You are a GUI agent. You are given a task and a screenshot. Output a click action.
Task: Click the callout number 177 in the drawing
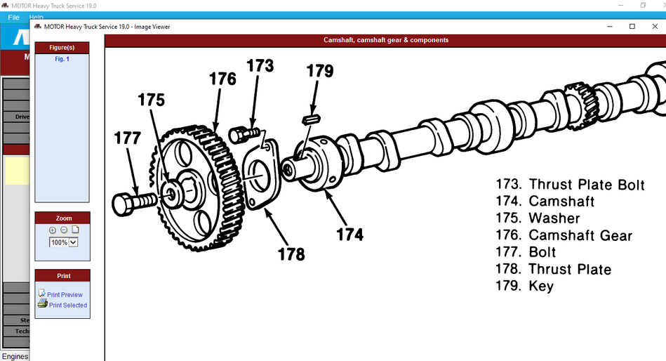point(127,138)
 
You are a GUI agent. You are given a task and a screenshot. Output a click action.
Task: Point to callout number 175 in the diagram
point(151,100)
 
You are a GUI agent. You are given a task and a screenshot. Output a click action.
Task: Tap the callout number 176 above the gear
point(222,79)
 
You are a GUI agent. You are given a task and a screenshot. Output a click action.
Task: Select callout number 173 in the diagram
point(260,67)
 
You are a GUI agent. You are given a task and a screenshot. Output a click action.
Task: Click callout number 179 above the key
point(319,71)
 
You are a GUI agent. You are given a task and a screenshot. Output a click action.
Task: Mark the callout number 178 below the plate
point(291,254)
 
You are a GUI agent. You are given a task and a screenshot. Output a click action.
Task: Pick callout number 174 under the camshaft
point(349,234)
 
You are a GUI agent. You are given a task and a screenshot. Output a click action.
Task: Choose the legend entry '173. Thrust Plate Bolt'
point(570,185)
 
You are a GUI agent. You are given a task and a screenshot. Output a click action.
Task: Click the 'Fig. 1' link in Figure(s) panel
point(62,59)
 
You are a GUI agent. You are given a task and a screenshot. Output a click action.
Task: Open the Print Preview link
point(64,294)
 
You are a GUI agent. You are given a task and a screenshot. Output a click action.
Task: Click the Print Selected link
point(67,305)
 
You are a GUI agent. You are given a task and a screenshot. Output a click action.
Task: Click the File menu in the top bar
point(13,16)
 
